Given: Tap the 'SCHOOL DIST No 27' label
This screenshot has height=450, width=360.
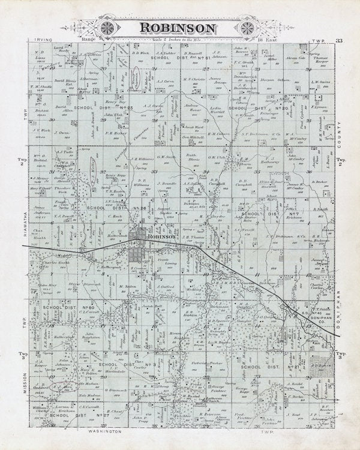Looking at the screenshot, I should pyautogui.click(x=79, y=414).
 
